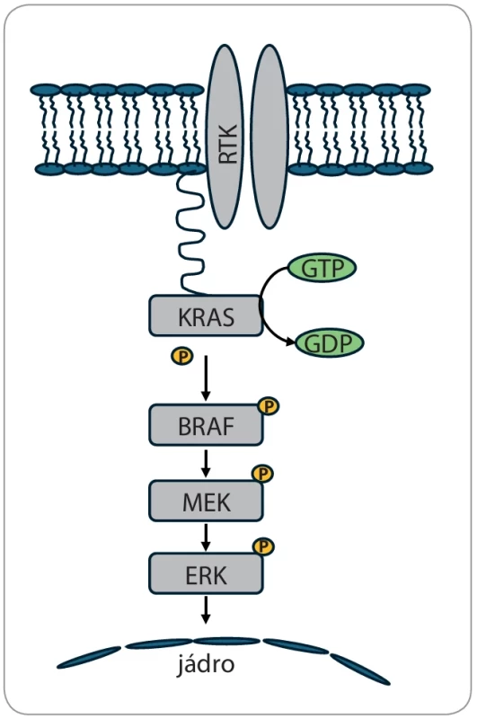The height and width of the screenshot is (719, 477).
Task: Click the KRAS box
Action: [x=206, y=316]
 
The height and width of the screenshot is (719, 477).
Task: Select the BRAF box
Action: [x=206, y=425]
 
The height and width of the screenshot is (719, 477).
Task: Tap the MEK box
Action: [x=206, y=502]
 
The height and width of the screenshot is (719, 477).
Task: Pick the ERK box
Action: [x=206, y=573]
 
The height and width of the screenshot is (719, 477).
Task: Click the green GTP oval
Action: [x=322, y=268]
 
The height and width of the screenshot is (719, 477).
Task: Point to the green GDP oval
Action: [x=329, y=343]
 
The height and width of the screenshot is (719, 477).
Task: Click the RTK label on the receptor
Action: [x=228, y=144]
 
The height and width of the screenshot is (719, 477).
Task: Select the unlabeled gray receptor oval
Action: [x=270, y=137]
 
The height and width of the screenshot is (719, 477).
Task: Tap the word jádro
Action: [x=207, y=663]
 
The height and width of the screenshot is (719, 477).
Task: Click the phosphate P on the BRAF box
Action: [x=269, y=406]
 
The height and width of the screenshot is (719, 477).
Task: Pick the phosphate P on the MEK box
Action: [x=263, y=474]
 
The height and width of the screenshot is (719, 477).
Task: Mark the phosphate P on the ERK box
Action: [x=263, y=546]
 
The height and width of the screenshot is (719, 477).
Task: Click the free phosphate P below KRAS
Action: [x=182, y=356]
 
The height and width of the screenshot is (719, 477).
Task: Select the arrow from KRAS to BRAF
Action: [x=206, y=377]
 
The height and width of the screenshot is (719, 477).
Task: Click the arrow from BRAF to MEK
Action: [x=206, y=463]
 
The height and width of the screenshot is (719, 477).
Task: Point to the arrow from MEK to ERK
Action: [x=206, y=537]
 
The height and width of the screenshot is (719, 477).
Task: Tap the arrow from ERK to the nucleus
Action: [x=206, y=610]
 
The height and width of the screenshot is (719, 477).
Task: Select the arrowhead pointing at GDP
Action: [x=290, y=342]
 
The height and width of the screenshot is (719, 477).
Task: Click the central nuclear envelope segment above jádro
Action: [x=226, y=641]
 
